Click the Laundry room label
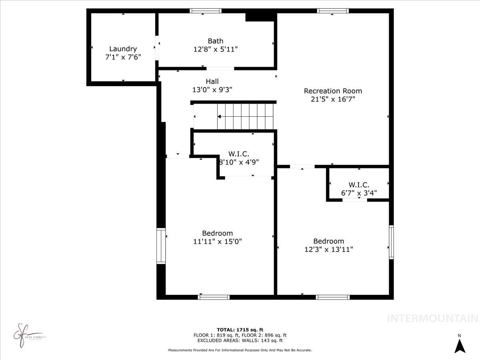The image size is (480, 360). tap(123, 49)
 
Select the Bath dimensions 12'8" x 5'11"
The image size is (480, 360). tap(215, 49)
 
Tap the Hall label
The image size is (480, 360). tap(212, 82)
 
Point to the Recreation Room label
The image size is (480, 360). tap(333, 91)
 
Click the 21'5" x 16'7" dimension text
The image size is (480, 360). tap(333, 99)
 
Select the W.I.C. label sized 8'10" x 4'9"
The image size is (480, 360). tap(239, 154)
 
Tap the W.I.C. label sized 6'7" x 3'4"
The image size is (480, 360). tap(359, 185)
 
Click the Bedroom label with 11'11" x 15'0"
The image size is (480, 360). tap(217, 233)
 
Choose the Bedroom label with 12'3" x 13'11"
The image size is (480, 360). tap(328, 241)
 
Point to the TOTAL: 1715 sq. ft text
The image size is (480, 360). tap(240, 330)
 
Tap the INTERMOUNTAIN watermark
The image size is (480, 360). tap(433, 319)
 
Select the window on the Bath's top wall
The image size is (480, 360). tap(206, 11)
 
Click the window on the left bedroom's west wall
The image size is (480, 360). tap(161, 246)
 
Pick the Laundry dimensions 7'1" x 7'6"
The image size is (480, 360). tap(123, 57)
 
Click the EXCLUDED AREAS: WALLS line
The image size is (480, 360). tap(240, 341)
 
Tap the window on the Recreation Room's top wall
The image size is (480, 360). tap(332, 11)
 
